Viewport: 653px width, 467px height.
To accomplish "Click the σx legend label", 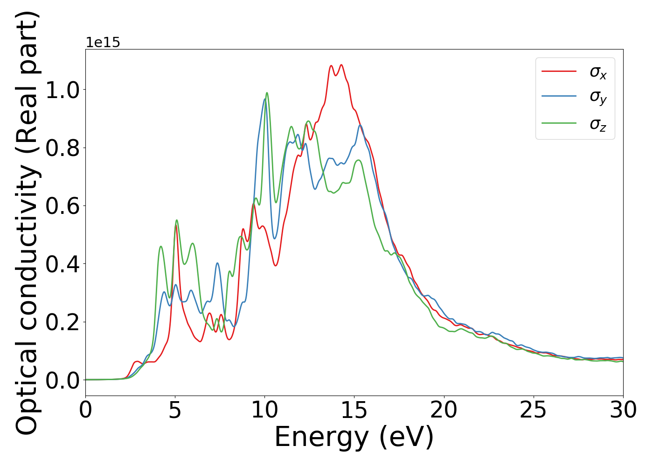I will click(598, 72).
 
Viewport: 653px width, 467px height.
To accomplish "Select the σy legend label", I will click(598, 97).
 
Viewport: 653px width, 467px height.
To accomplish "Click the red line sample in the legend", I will click(559, 71).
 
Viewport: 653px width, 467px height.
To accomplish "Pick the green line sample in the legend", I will click(559, 123).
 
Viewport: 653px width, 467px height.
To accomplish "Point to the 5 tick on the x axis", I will click(175, 410).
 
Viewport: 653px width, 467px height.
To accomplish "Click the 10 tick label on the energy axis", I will click(264, 410).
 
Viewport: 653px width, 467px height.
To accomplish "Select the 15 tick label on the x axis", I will click(354, 410).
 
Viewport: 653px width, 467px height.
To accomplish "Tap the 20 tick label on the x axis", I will click(444, 410).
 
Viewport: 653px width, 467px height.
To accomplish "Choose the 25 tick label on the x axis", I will click(533, 410).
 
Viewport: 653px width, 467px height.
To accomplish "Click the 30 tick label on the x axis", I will click(623, 410).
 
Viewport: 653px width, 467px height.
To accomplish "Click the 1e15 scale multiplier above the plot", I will click(103, 42).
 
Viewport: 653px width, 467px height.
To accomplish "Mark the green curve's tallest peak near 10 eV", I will click(267, 93).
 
